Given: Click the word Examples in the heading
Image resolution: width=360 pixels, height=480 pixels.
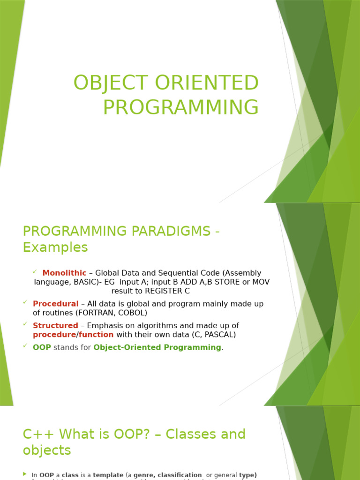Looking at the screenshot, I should pos(55,247).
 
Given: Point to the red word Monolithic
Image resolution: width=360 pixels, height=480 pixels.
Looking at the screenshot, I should pos(64,273).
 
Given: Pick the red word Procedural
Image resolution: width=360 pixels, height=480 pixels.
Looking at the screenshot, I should pos(55,304).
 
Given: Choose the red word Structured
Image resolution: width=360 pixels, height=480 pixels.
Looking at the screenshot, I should pos(55,325).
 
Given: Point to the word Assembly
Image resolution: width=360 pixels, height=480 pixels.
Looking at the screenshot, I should pos(244,273).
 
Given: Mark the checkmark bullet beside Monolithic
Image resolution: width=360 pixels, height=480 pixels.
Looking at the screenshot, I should pos(35,272).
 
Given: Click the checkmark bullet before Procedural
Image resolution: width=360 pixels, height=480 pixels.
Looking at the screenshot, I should pos(25,302).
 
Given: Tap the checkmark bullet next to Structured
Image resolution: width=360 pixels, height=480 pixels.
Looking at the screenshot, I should pos(25,324).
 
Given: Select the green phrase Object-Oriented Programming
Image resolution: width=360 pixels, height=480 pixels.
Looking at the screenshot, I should pos(157,347).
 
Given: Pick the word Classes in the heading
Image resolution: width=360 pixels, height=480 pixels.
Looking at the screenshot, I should pos(185,434).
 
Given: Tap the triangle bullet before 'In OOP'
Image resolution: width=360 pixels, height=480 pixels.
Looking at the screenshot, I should pos(25,474).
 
